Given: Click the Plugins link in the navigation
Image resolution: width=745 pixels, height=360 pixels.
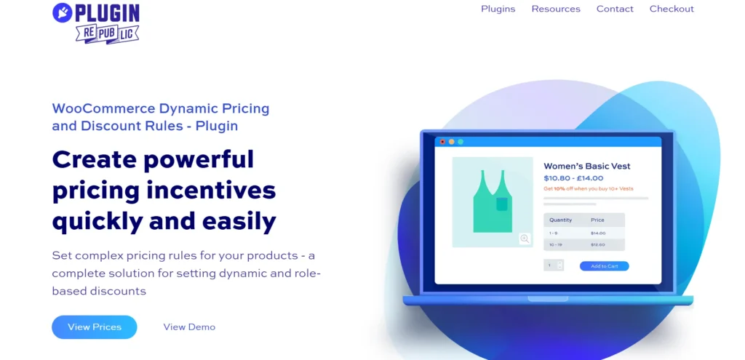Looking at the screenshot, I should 498,9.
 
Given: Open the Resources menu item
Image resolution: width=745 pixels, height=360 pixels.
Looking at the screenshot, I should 556,9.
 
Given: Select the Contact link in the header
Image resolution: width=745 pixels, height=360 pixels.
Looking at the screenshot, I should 615,9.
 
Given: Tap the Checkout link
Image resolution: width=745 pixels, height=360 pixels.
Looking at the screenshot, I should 672,9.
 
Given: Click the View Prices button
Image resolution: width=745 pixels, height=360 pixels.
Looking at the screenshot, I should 95,327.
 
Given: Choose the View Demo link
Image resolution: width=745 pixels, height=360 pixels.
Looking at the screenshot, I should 189,327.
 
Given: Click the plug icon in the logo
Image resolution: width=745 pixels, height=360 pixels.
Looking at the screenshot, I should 63,12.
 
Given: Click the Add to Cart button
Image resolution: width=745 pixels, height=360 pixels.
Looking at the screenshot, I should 604,266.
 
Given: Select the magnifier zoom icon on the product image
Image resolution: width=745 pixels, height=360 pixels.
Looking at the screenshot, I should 525,239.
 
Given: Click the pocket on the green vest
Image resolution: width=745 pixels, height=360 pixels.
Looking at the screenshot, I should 502,204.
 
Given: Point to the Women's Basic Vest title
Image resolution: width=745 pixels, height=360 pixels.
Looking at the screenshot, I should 586,166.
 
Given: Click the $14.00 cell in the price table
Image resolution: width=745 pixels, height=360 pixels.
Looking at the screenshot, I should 598,233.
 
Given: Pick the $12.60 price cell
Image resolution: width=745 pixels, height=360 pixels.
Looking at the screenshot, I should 598,245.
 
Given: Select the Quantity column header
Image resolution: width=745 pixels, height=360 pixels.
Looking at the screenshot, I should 561,220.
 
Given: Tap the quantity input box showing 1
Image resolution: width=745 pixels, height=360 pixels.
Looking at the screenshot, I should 550,265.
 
